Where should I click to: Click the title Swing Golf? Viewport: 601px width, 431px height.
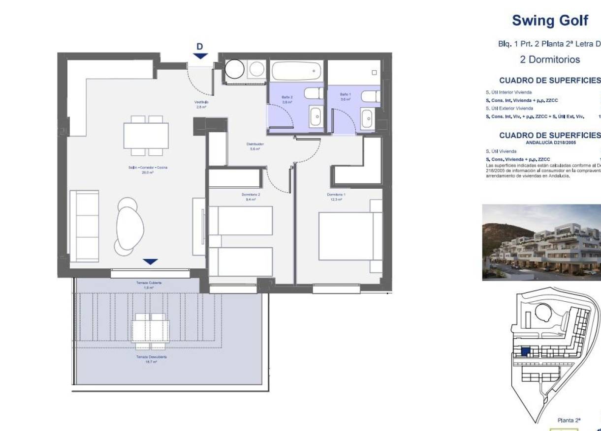(x=550, y=21)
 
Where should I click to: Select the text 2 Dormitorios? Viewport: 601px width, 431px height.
(x=550, y=60)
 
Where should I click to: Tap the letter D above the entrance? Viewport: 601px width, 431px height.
(x=200, y=47)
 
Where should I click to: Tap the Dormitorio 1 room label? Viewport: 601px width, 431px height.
(x=336, y=197)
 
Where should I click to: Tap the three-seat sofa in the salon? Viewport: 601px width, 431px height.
(x=84, y=226)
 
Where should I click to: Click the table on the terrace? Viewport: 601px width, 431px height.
(x=151, y=328)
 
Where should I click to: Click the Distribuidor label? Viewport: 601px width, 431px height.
(x=255, y=146)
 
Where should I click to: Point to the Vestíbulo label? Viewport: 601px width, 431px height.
(x=200, y=104)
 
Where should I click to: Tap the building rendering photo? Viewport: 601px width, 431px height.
(x=541, y=242)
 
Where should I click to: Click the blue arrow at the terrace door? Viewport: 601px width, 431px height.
(x=151, y=262)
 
